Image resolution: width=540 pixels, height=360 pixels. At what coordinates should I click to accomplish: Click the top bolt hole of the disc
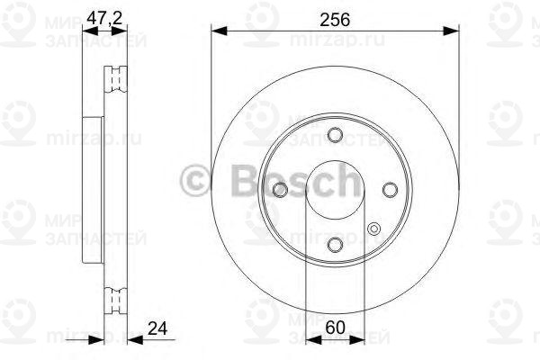click(x=335, y=135)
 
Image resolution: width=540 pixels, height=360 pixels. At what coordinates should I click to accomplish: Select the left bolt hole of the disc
click(x=280, y=190)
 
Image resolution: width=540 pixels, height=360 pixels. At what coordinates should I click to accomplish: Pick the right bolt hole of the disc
click(x=390, y=190)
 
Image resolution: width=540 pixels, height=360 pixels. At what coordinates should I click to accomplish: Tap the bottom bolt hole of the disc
click(x=335, y=245)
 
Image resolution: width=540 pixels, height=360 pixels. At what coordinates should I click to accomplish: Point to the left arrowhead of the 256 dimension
click(x=217, y=31)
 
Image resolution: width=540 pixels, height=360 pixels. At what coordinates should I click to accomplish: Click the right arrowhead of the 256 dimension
click(x=453, y=31)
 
